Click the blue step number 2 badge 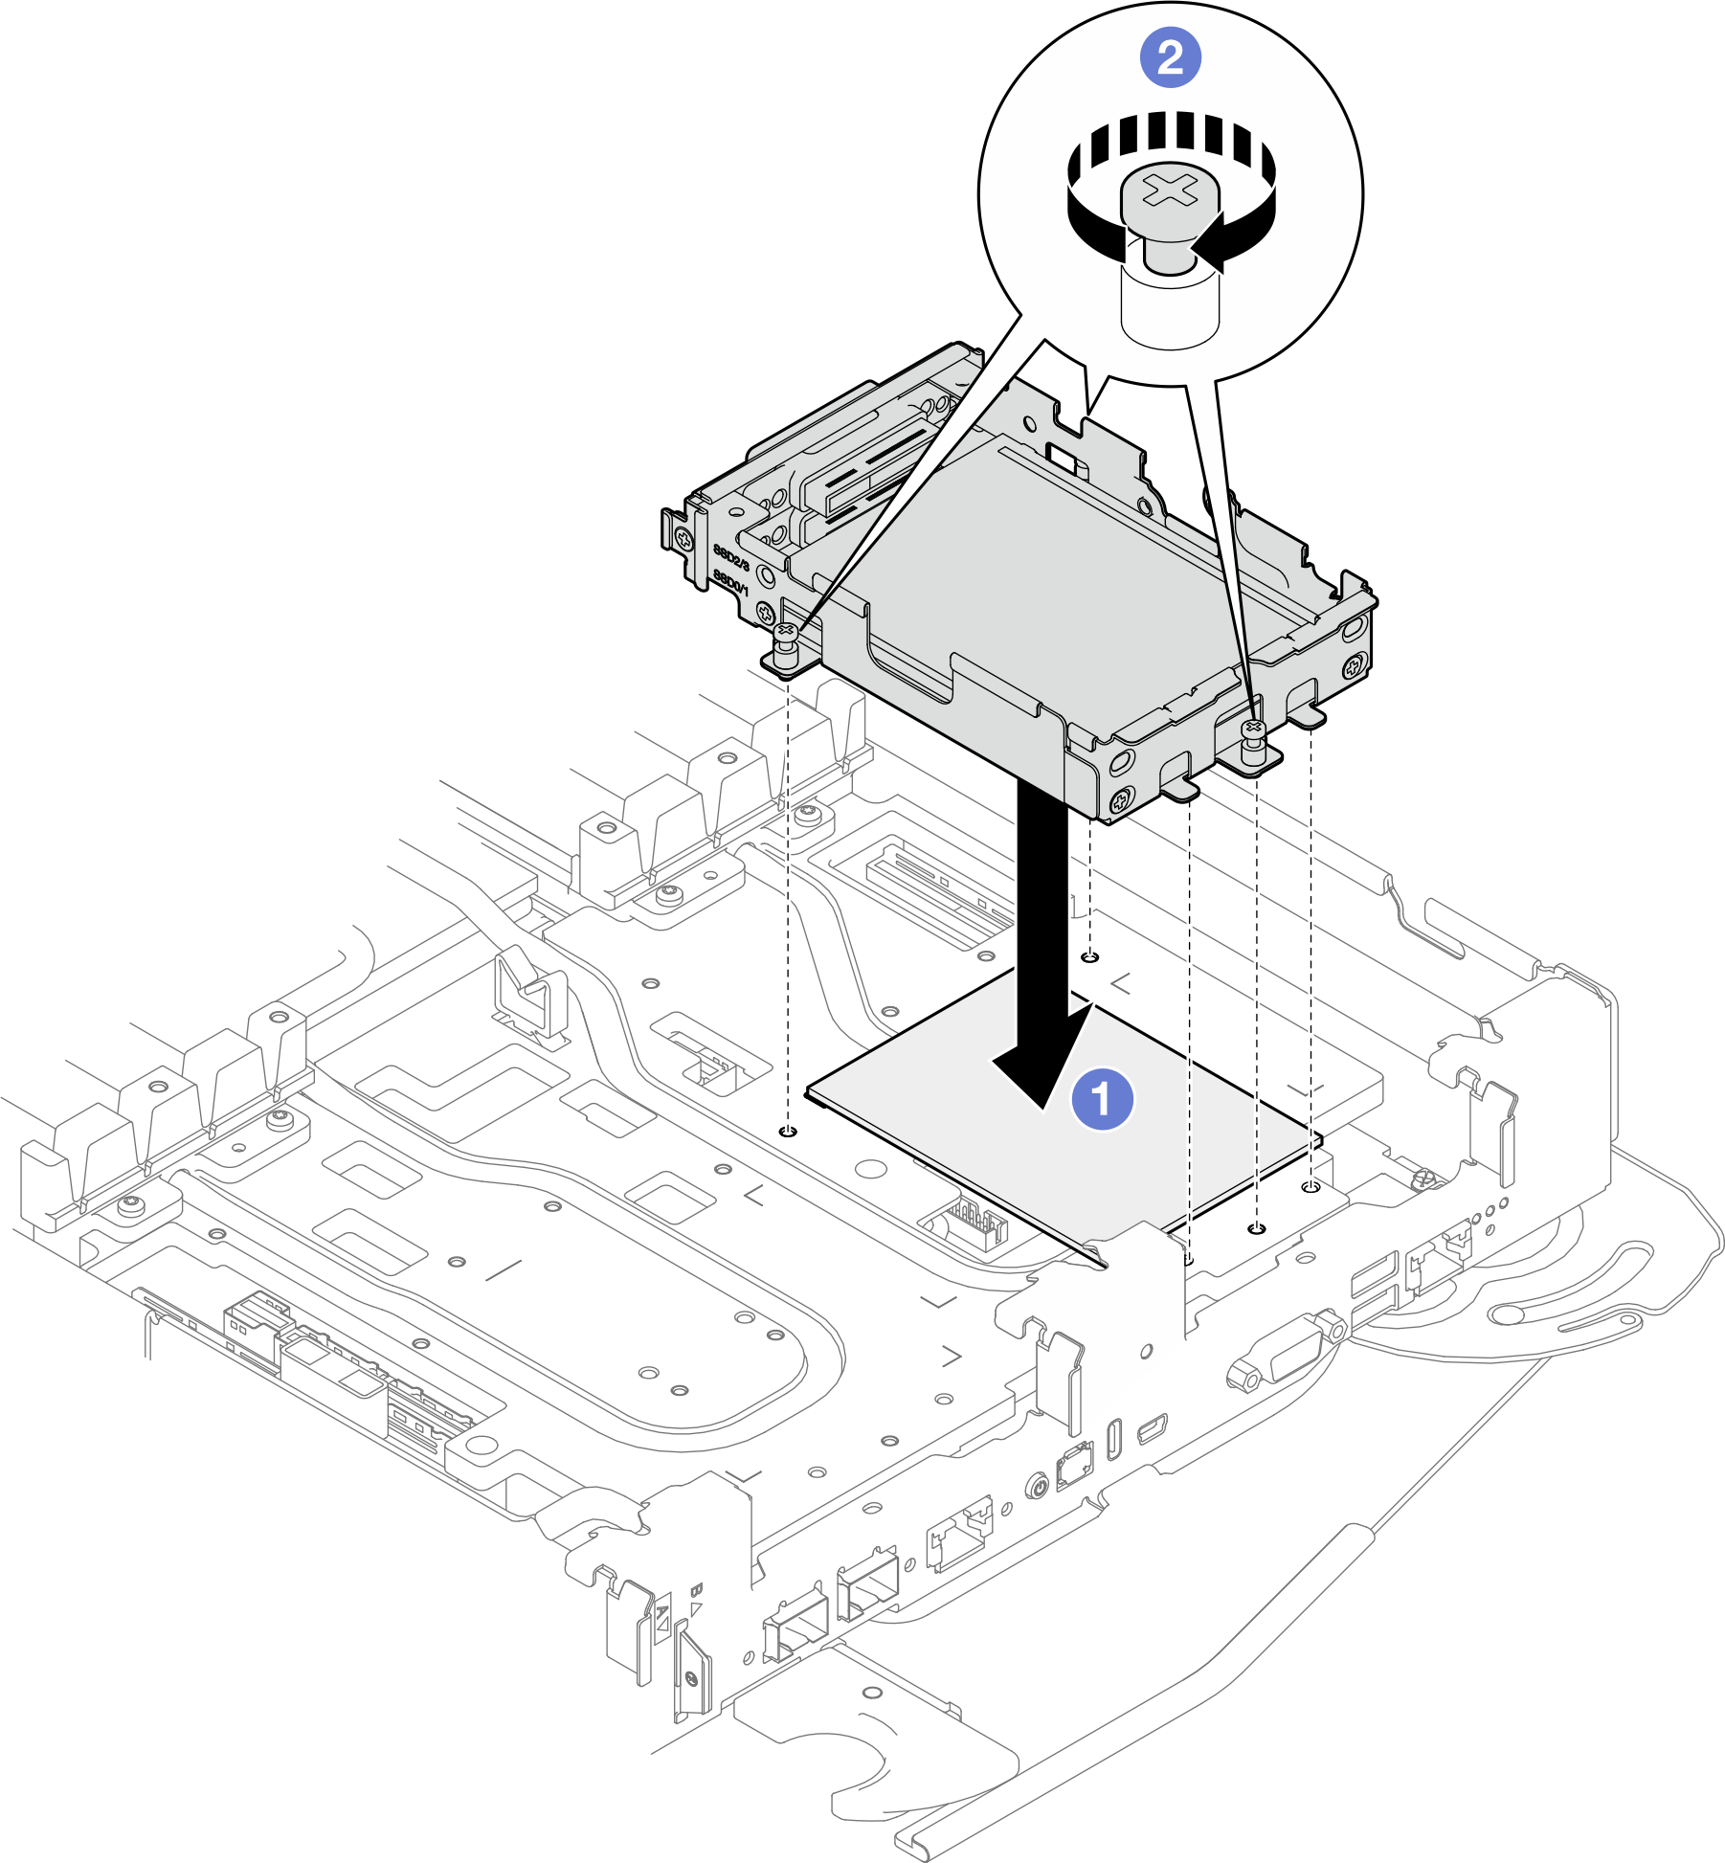coord(1170,58)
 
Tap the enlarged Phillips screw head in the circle coord(1170,191)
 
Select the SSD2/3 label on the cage coord(731,555)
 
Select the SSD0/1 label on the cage coord(730,581)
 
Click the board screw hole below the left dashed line coord(788,1133)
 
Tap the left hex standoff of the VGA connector coord(1245,1379)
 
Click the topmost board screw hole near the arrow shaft coord(1090,956)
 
